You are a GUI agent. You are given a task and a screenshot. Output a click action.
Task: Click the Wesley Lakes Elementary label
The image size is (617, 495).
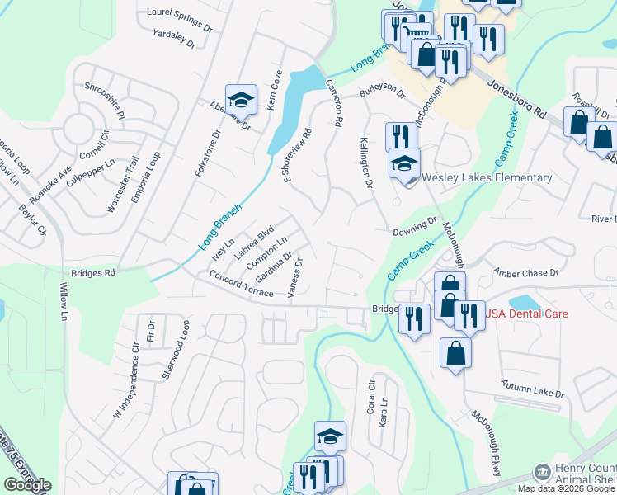[x=487, y=178]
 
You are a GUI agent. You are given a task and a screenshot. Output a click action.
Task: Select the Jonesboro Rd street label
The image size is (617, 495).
[x=517, y=96]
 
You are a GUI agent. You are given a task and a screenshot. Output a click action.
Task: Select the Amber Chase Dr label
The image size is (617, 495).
[x=525, y=271]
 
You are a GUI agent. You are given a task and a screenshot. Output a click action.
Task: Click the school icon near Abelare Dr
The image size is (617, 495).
[x=241, y=100]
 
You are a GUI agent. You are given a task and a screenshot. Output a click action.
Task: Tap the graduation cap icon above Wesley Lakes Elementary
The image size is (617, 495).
[x=405, y=163]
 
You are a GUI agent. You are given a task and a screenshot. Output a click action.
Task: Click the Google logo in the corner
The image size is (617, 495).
[x=27, y=485]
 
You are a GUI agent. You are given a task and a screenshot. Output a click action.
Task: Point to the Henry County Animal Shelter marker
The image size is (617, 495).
[x=542, y=473]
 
